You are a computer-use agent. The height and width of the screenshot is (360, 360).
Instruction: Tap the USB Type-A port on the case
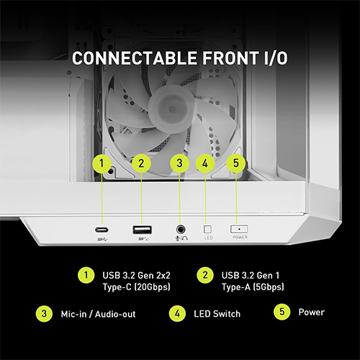[140, 230]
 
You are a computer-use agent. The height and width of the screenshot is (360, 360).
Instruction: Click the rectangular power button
[239, 228]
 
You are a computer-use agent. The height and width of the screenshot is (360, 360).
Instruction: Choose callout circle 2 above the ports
[140, 163]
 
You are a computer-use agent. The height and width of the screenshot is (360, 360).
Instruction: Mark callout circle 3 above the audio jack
[179, 163]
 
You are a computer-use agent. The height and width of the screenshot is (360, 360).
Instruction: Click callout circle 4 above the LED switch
[205, 163]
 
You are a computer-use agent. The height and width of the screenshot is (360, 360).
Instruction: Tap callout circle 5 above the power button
[236, 163]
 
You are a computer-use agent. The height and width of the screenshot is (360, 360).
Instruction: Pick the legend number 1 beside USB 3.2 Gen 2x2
[86, 274]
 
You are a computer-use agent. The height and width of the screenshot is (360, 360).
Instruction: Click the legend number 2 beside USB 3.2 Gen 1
[205, 274]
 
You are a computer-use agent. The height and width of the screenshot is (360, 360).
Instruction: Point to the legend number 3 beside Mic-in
[44, 313]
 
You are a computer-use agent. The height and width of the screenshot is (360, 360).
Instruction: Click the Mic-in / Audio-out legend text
[99, 314]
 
